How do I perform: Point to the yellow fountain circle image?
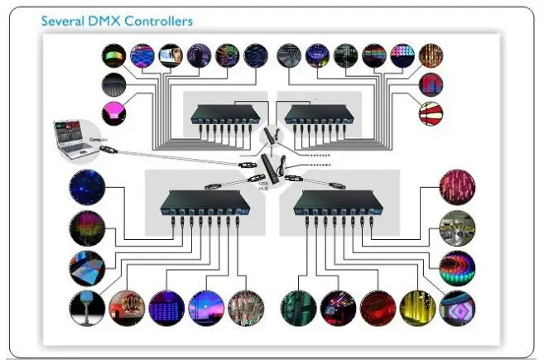[x=417, y=307]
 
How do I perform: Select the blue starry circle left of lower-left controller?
[x=86, y=186]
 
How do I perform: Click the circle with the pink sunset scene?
[x=205, y=307]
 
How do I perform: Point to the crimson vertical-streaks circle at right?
[x=458, y=186]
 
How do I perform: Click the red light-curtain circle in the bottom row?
[x=377, y=307]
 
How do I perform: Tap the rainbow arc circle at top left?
[x=113, y=55]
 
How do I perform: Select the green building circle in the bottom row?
[x=297, y=307]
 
